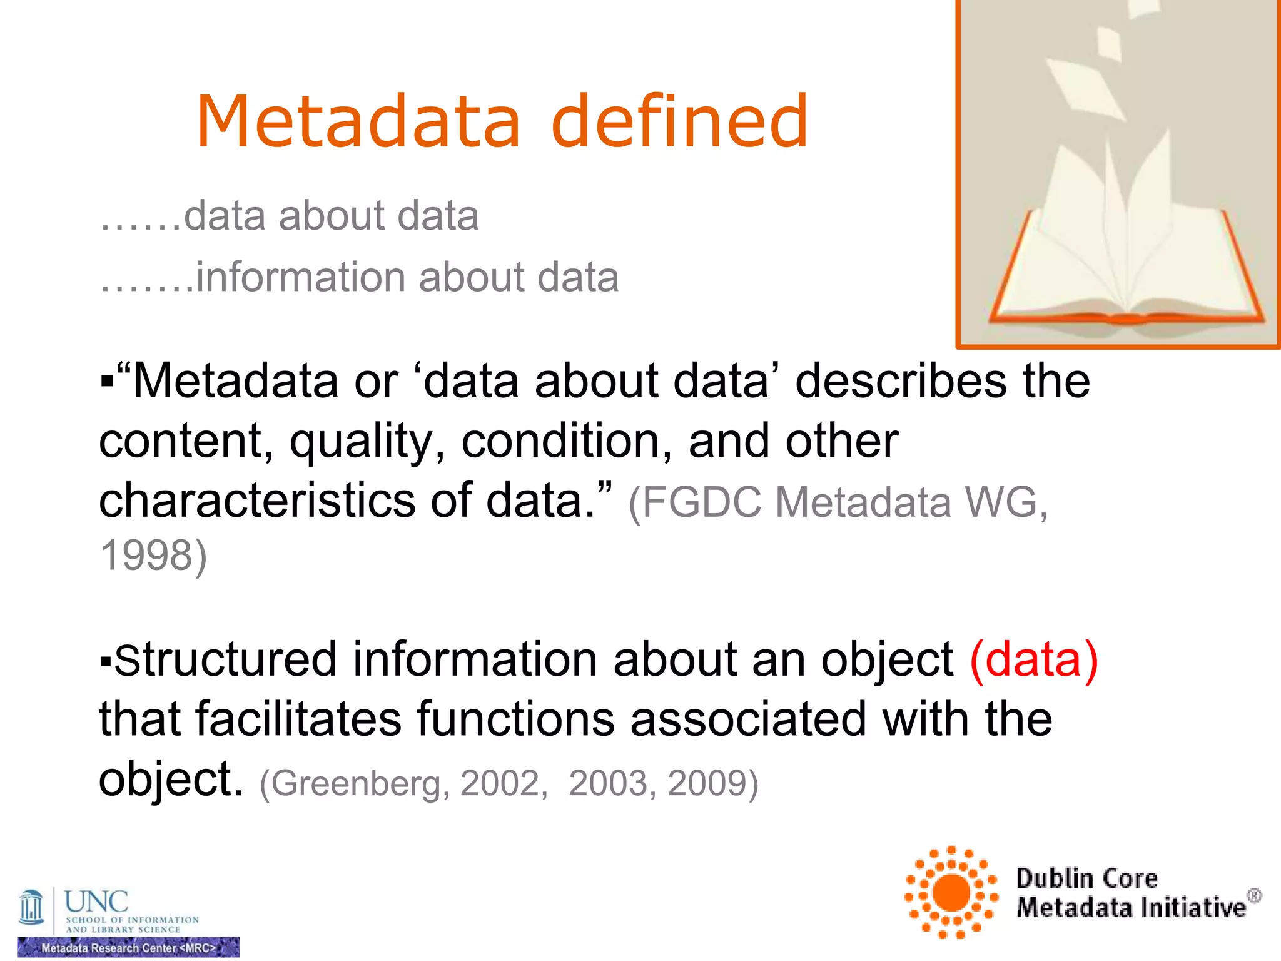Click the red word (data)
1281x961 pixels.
click(1033, 659)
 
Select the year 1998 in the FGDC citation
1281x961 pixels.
click(148, 555)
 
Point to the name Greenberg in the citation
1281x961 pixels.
click(354, 783)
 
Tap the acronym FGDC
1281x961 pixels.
click(702, 502)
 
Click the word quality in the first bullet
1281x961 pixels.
click(367, 441)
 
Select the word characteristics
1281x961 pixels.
click(256, 501)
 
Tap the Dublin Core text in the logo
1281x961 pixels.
click(1086, 878)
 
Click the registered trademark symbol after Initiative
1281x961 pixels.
click(1254, 895)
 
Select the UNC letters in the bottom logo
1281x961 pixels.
click(96, 902)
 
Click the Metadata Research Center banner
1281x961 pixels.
click(128, 947)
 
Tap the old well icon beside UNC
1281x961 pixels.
click(31, 907)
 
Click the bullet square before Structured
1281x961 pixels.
click(106, 661)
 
